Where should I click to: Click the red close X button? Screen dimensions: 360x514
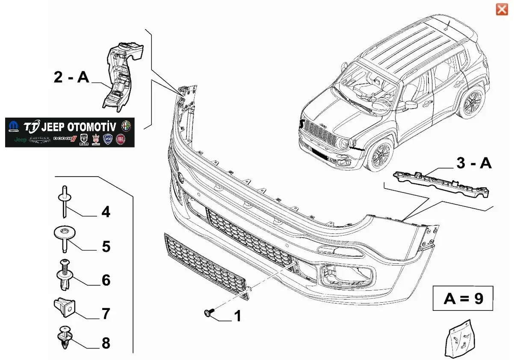(502, 9)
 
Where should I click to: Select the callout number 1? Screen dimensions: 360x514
(237, 316)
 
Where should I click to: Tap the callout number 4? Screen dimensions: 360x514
(106, 212)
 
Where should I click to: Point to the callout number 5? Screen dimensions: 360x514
(106, 246)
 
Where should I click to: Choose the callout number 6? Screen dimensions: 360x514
(106, 280)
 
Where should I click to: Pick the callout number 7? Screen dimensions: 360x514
(106, 313)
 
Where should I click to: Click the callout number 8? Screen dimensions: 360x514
(106, 342)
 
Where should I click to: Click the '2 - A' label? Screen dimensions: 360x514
(71, 77)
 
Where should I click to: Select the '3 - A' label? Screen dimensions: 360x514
(474, 164)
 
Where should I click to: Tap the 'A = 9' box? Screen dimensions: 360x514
(463, 298)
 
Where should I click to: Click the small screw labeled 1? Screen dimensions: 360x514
(208, 313)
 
